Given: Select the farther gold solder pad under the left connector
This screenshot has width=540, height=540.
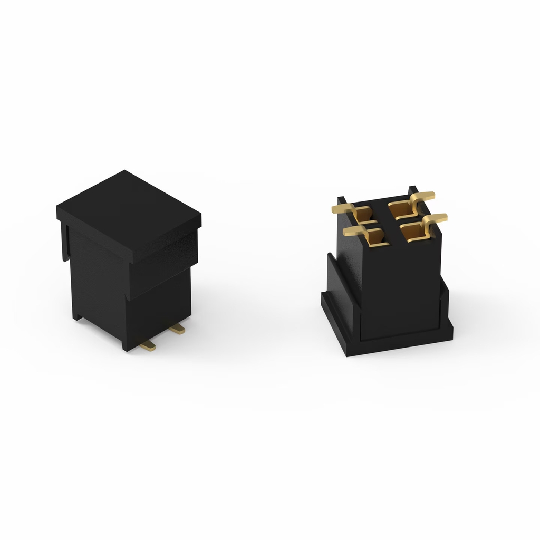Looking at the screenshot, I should (178, 329).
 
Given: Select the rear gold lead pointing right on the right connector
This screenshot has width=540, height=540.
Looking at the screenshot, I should (425, 197).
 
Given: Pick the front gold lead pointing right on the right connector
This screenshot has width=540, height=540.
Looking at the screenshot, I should (437, 218).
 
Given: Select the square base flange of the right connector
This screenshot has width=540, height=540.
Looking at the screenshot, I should (401, 343).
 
